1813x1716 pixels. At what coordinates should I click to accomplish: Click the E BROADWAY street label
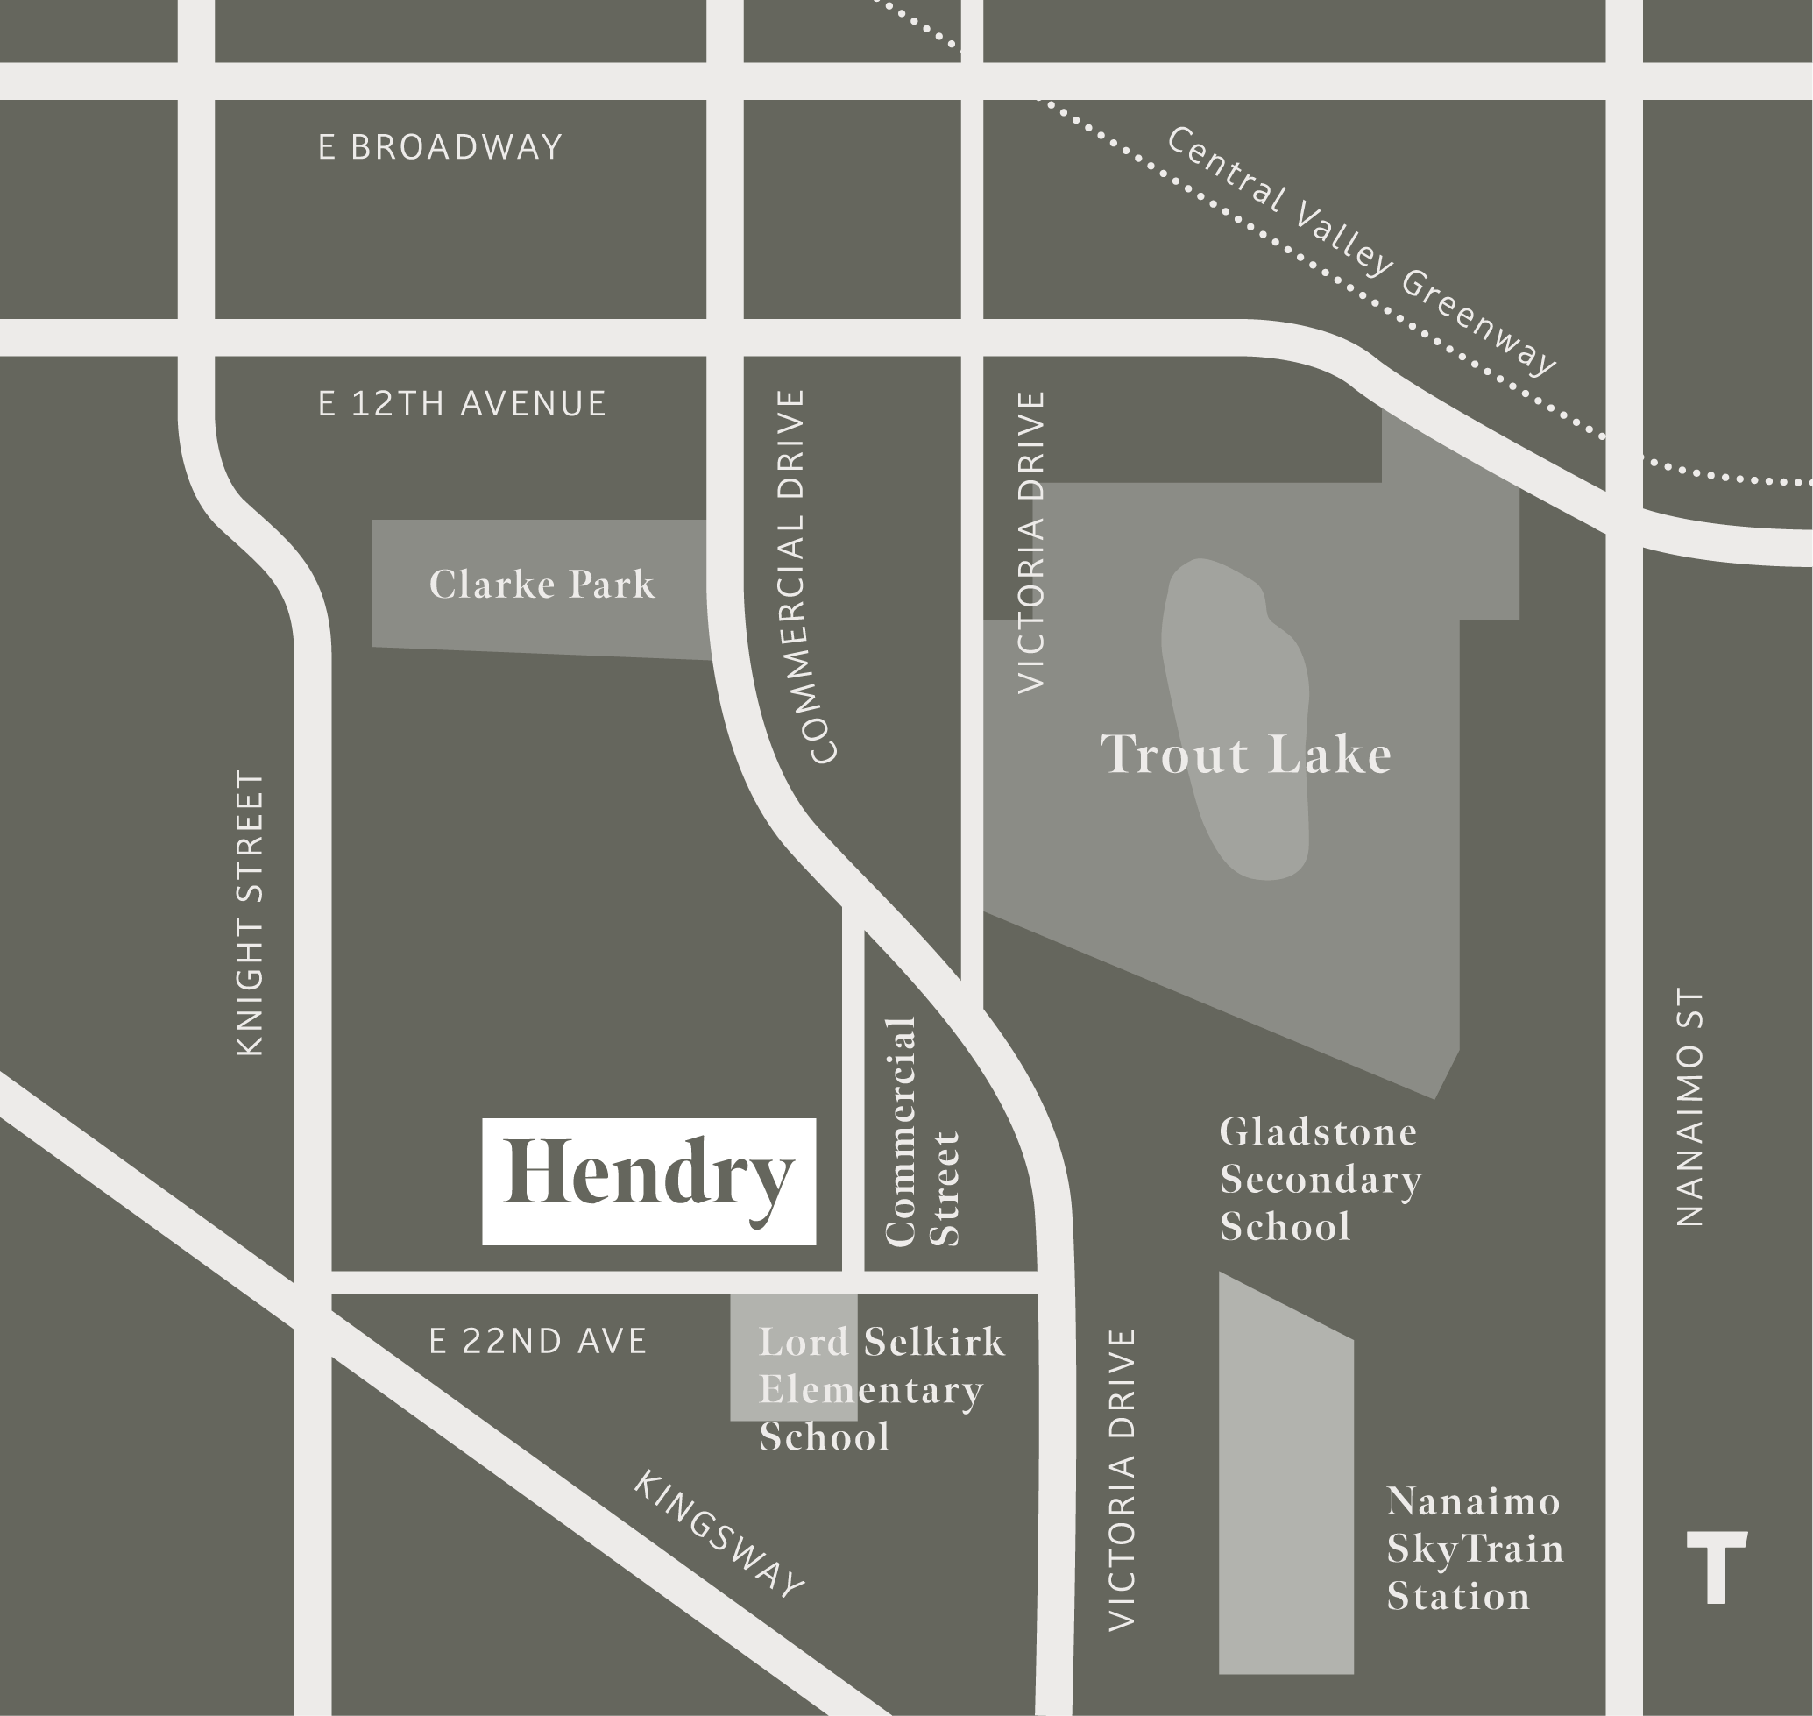(440, 147)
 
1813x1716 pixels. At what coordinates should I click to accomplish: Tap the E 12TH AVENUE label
(462, 403)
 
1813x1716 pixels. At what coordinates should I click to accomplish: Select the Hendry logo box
(648, 1181)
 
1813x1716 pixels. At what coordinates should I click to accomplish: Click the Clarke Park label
(542, 585)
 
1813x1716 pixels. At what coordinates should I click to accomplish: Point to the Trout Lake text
(1246, 755)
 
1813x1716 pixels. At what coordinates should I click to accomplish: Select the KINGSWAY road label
(719, 1535)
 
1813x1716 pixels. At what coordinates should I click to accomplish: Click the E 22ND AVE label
(538, 1342)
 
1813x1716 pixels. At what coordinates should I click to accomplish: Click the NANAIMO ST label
(1689, 1107)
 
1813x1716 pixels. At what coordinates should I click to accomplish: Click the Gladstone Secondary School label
(1320, 1179)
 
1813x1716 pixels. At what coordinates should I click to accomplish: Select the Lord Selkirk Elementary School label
(881, 1389)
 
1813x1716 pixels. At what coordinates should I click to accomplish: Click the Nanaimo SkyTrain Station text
(1475, 1549)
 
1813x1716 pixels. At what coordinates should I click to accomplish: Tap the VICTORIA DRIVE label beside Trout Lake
(1030, 542)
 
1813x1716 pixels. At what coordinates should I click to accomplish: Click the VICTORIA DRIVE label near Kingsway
(1121, 1479)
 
